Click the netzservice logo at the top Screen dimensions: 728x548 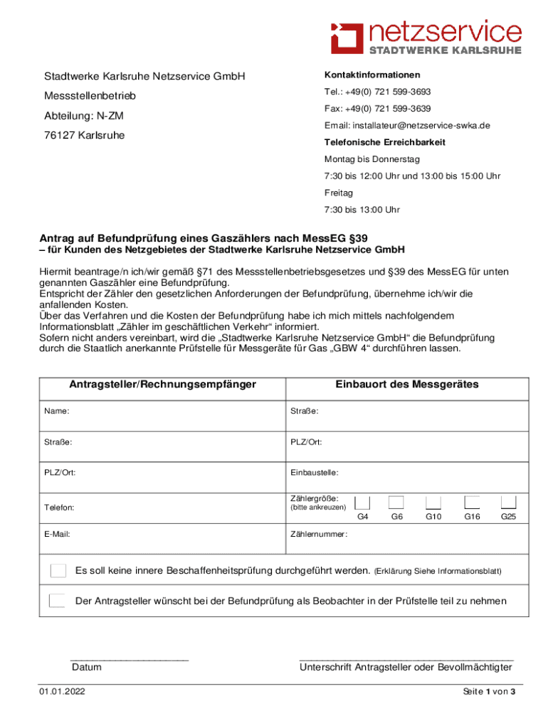pyautogui.click(x=426, y=36)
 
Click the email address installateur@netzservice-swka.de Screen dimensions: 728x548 pyautogui.click(x=407, y=126)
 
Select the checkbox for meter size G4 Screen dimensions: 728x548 pyautogui.click(x=362, y=502)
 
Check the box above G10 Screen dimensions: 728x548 pyautogui.click(x=433, y=502)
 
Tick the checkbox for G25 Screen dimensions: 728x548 pyautogui.click(x=508, y=502)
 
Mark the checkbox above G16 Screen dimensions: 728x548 pyautogui.click(x=472, y=502)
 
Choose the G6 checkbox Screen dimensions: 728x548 pyautogui.click(x=396, y=502)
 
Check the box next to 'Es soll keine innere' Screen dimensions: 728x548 pyautogui.click(x=58, y=571)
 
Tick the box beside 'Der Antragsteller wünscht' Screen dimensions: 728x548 pyautogui.click(x=58, y=601)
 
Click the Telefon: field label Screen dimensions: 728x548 pyautogui.click(x=59, y=508)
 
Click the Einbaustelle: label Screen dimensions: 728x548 pyautogui.click(x=314, y=472)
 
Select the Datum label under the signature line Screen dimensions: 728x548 pyautogui.click(x=86, y=667)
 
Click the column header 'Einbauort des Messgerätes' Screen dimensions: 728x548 pyautogui.click(x=407, y=385)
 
